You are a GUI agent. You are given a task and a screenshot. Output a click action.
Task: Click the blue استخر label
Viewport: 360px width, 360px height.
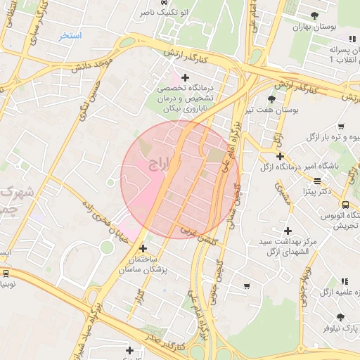[x=70, y=35]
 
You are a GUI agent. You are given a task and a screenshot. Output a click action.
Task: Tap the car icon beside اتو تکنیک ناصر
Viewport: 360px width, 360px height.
[x=165, y=3]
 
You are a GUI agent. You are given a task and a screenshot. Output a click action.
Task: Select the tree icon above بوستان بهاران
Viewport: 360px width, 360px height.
[x=314, y=15]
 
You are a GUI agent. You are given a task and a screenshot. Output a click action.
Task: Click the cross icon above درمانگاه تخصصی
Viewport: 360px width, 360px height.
[x=185, y=77]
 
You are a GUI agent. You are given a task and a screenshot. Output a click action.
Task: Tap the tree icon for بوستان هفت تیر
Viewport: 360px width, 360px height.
[x=271, y=99]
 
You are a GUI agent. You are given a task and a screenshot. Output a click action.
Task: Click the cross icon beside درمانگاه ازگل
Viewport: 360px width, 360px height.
[x=280, y=156]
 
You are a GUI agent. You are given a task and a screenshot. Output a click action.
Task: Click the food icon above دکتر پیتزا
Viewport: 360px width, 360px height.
[x=318, y=181]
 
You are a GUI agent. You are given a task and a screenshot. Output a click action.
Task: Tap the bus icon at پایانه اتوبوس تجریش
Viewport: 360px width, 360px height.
[x=344, y=205]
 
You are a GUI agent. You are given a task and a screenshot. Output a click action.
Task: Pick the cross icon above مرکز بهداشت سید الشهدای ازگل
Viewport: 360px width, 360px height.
[x=287, y=231]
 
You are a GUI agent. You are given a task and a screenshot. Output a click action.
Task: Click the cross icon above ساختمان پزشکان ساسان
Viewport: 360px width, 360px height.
[x=143, y=248]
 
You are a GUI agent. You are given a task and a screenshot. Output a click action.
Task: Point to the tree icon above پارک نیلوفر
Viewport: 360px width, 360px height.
[x=341, y=317]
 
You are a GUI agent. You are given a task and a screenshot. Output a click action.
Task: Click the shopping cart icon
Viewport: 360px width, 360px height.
[x=246, y=285]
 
